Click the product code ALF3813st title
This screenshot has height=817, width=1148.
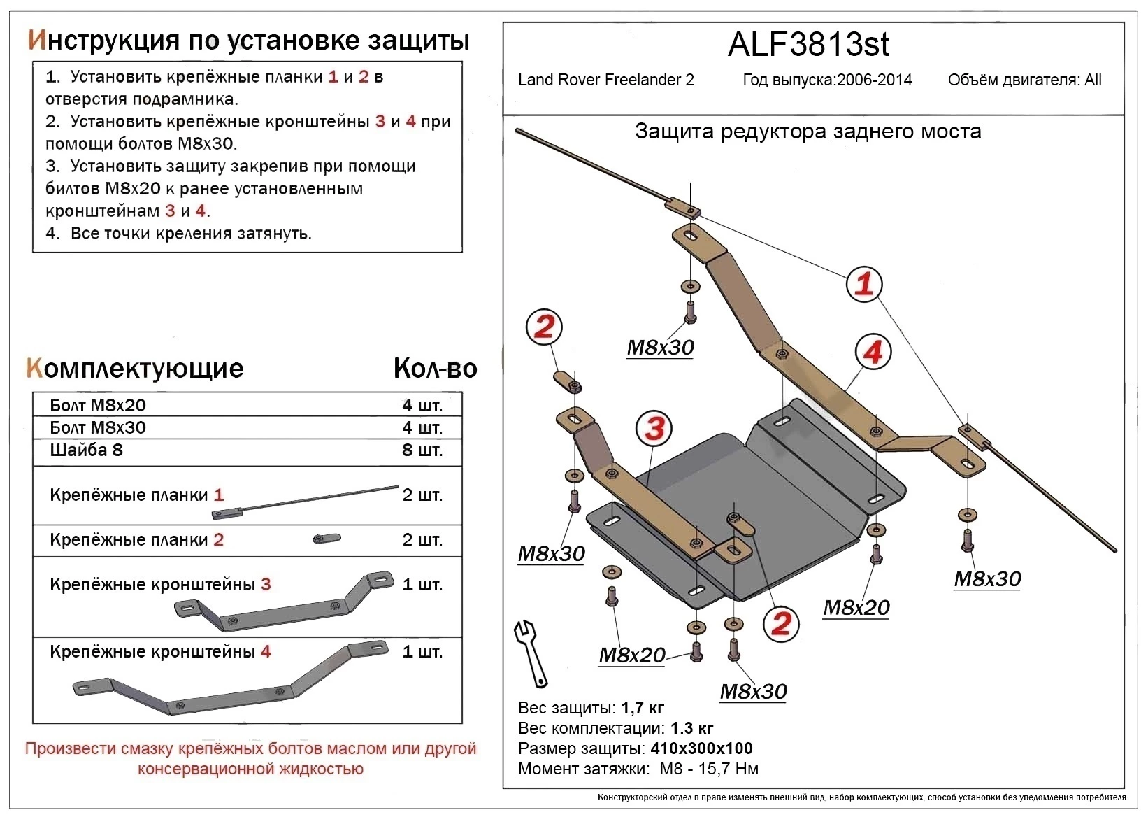click(x=808, y=45)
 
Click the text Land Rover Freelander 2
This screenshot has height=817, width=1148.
click(x=605, y=80)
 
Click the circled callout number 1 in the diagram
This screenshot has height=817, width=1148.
click(x=864, y=284)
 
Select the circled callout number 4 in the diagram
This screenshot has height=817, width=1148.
click(x=873, y=352)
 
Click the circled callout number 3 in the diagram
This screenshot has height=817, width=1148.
click(x=654, y=428)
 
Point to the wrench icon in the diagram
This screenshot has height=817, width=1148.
click(x=531, y=652)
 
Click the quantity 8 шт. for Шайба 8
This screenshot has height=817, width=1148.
click(x=422, y=450)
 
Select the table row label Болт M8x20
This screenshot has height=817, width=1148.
click(x=98, y=405)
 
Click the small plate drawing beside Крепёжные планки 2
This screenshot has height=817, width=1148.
click(x=327, y=538)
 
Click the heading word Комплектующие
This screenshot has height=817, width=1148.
click(x=135, y=368)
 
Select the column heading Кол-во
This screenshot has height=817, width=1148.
click(x=435, y=368)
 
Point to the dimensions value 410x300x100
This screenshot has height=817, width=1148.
click(x=701, y=748)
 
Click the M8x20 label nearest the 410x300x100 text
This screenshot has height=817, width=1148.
click(x=632, y=655)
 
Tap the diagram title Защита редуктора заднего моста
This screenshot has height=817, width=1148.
click(x=808, y=132)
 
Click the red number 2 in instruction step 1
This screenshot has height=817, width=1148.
click(x=363, y=77)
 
